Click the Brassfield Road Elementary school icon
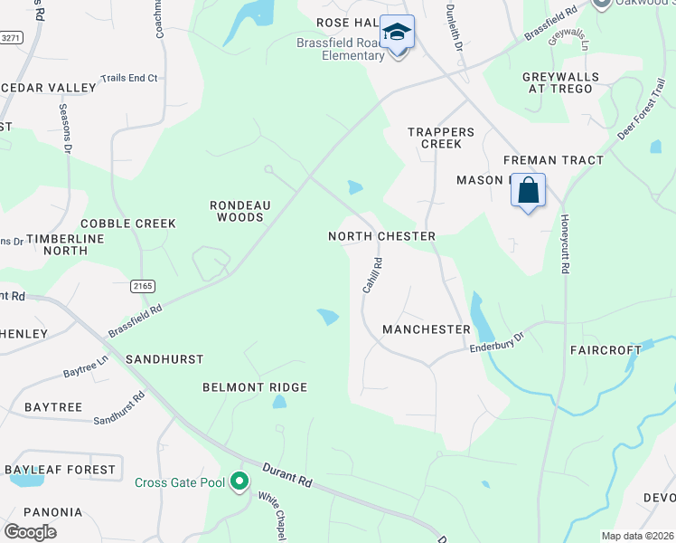coord(396,33)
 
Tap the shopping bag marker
coord(529,192)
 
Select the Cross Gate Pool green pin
coord(239,481)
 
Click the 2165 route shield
coord(143,286)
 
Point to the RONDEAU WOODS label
coord(237,211)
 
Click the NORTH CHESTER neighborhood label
coord(381,236)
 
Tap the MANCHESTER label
coord(426,329)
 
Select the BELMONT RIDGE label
coord(255,387)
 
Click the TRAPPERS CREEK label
coord(435,138)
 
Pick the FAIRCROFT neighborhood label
coord(604,349)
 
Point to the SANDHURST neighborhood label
coord(164,359)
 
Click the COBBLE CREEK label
coord(127,224)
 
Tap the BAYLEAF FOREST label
coord(61,470)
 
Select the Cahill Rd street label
coord(372,275)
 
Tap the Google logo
coord(30,532)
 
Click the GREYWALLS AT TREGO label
coord(558,82)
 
